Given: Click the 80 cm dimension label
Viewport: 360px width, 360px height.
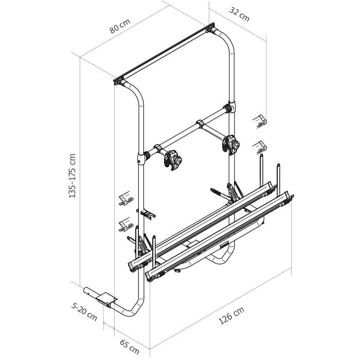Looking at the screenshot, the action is (120, 26).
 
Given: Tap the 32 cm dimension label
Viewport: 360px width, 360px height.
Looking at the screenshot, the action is (239, 14).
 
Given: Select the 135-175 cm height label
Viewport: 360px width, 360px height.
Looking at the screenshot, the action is (72, 176).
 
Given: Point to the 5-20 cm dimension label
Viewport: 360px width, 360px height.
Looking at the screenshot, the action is (84, 312).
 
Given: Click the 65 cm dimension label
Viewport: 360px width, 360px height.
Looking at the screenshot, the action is (130, 347).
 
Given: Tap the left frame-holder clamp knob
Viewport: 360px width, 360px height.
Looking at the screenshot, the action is (177, 160).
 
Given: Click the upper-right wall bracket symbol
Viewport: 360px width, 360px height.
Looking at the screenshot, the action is (259, 121).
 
